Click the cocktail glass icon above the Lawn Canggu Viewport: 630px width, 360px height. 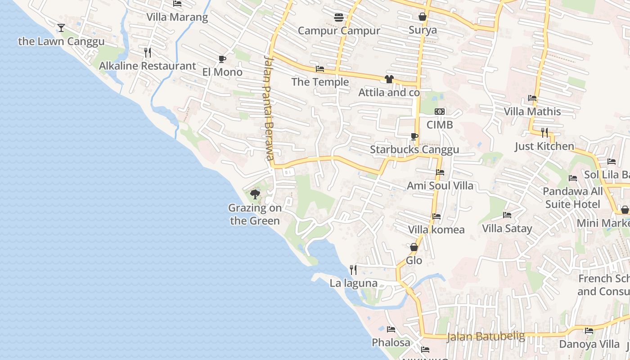coord(61,28)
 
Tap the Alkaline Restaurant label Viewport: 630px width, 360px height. coord(148,66)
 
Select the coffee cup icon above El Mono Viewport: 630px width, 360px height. coord(222,59)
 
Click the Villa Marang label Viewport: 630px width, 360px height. coord(177,17)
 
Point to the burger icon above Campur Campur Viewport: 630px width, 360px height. coord(339,18)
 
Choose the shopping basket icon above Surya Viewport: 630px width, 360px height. coord(423,17)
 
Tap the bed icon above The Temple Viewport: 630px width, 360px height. coord(320,69)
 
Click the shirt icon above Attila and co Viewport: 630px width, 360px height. coord(389,79)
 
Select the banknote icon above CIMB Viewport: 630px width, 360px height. coord(440,111)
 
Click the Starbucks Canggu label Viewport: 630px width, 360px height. coord(414,149)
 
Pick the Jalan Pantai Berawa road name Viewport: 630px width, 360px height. coord(269,108)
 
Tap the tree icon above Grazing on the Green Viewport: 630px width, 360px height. coord(255,194)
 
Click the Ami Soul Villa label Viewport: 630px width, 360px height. coord(440,185)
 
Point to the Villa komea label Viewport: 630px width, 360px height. coord(436,229)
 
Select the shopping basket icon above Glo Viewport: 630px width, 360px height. coord(414,247)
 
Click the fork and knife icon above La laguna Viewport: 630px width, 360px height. coord(353,270)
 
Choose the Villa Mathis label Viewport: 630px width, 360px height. coord(532,111)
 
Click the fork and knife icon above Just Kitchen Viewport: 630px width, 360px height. coord(544,132)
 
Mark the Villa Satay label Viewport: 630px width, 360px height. coord(507,228)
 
